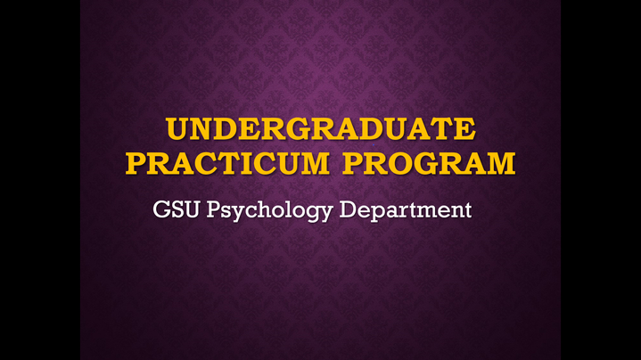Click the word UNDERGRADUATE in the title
pos(321,128)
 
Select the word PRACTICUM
pos(227,163)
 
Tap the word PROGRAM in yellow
pos(429,163)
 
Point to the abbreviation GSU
pos(177,209)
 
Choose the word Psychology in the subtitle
pos(269,210)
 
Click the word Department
pos(405,210)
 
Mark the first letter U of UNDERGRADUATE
pos(177,129)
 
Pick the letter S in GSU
pos(177,209)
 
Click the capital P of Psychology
pos(213,209)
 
